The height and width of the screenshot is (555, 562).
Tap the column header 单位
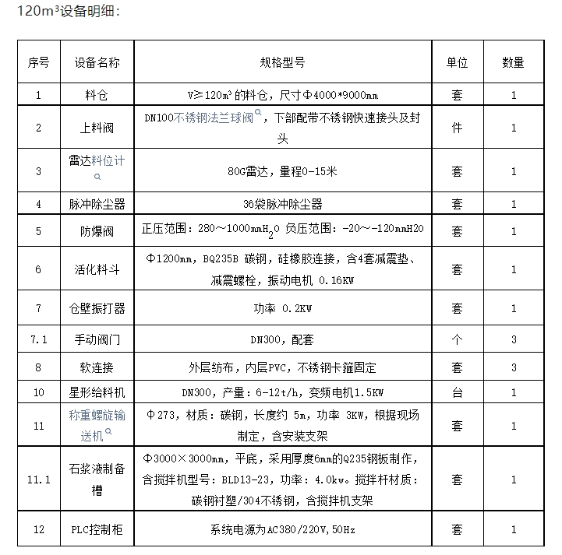(457, 62)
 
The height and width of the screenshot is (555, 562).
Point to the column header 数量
(513, 62)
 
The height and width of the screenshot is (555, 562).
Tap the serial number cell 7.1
(39, 339)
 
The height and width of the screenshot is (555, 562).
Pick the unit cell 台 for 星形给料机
(457, 392)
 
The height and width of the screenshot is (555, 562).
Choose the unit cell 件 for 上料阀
(457, 128)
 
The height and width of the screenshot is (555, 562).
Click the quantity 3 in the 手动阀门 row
(513, 339)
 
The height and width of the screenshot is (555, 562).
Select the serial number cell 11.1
(39, 479)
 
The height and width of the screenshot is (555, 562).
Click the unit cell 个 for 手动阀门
(457, 339)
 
